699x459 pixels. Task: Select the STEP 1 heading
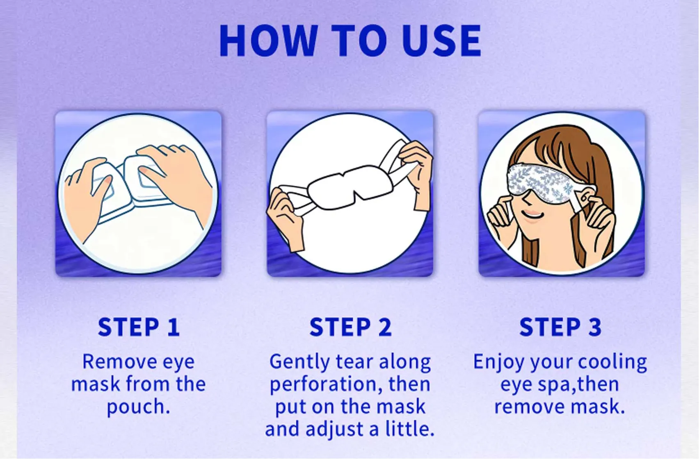pos(139,327)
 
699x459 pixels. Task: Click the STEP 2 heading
pos(350,327)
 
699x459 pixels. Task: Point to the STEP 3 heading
pos(560,327)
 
